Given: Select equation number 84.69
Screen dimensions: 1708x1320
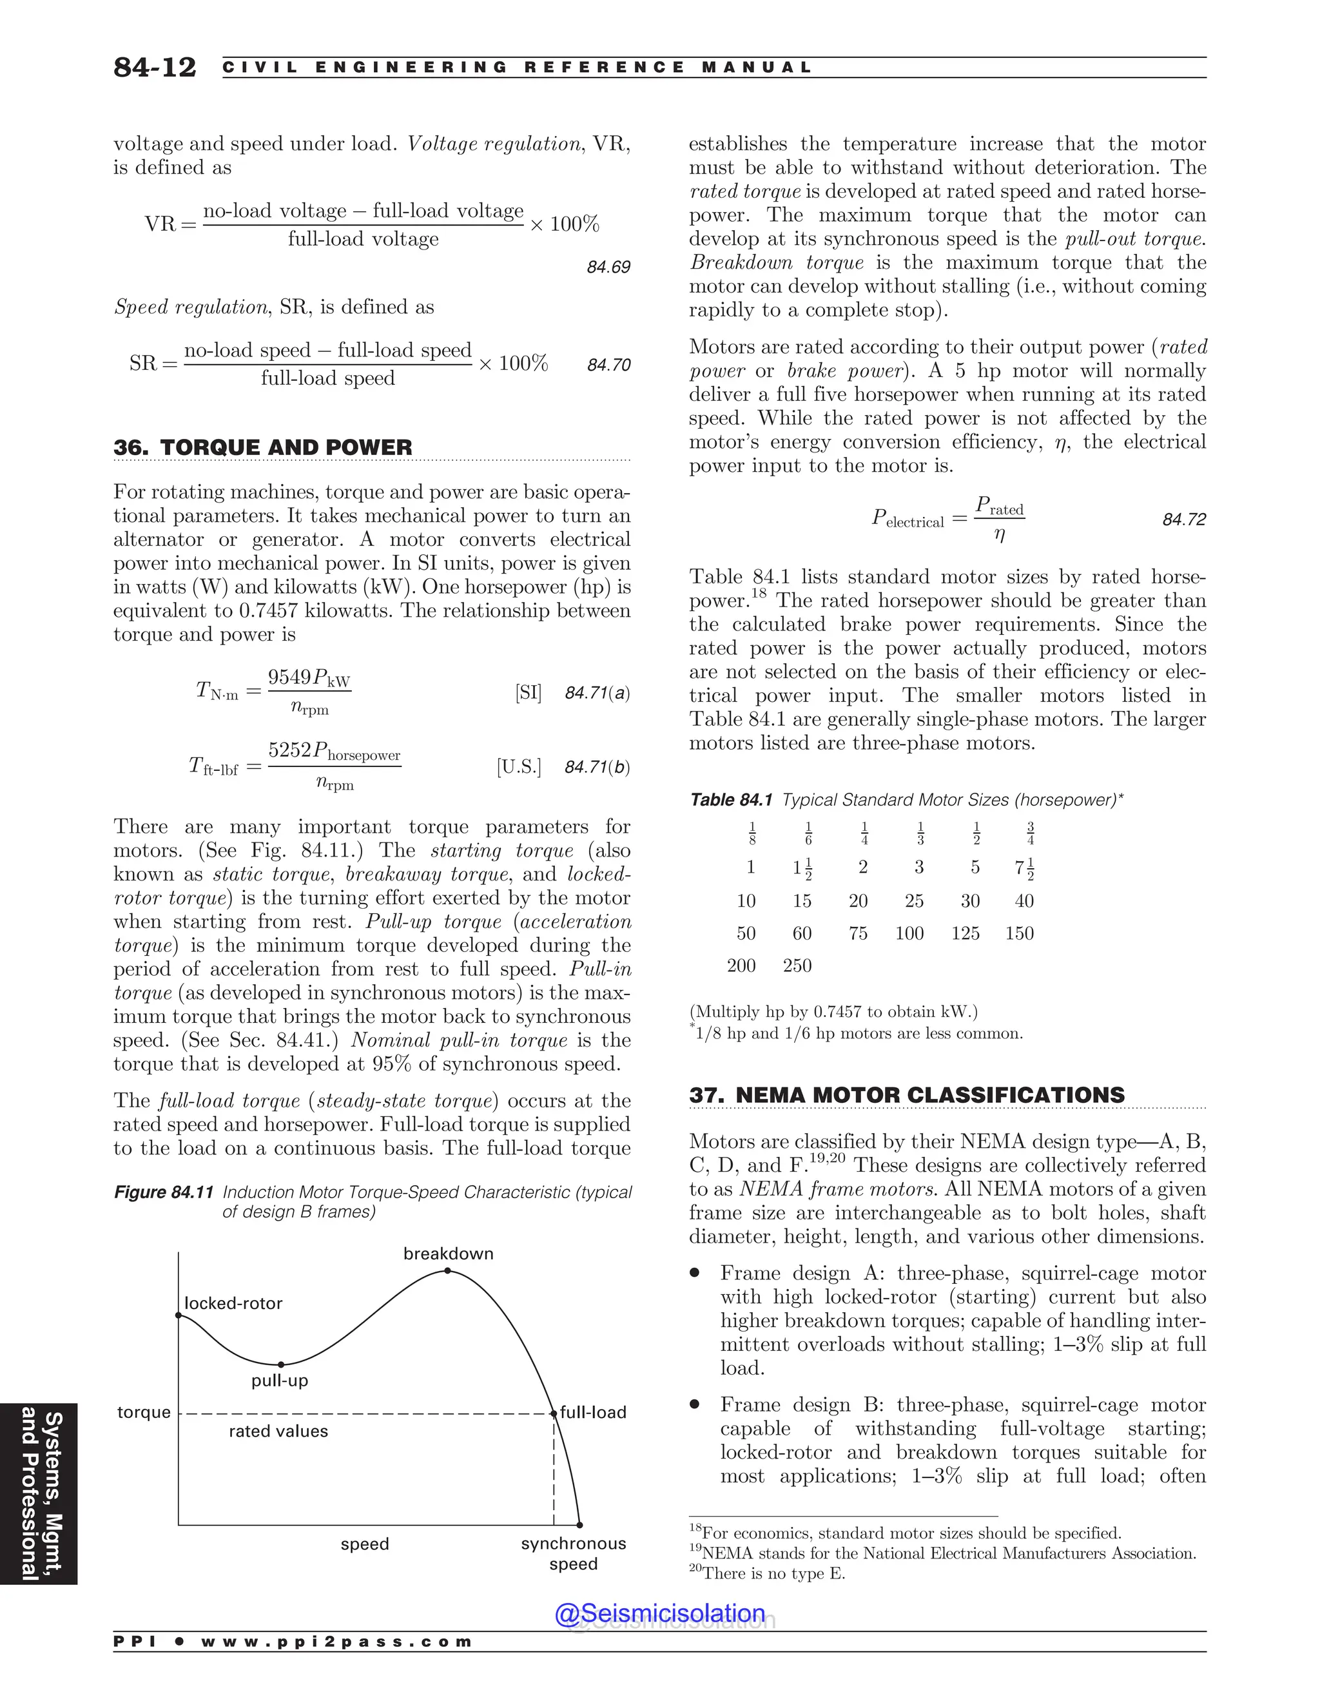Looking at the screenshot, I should pyautogui.click(x=608, y=267).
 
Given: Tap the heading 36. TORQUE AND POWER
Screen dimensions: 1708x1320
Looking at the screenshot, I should pyautogui.click(x=263, y=447).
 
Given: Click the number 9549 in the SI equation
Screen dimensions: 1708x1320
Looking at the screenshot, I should pyautogui.click(x=289, y=677).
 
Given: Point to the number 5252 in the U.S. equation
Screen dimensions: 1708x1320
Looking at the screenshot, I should pyautogui.click(x=289, y=751).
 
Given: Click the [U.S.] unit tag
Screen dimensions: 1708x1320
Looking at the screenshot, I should pyautogui.click(x=518, y=766).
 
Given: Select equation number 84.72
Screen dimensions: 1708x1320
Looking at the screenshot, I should pyautogui.click(x=1184, y=520).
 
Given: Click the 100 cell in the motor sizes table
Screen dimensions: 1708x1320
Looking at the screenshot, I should pyautogui.click(x=909, y=933).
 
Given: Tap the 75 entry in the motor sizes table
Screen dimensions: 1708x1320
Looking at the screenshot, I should pyautogui.click(x=858, y=933).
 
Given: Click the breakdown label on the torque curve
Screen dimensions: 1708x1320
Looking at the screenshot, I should pyautogui.click(x=448, y=1254).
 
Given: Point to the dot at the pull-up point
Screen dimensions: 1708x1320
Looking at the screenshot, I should pyautogui.click(x=281, y=1364).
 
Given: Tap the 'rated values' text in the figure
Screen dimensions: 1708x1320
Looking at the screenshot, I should pyautogui.click(x=278, y=1431).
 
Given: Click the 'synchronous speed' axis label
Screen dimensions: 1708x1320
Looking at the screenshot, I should pyautogui.click(x=573, y=1554).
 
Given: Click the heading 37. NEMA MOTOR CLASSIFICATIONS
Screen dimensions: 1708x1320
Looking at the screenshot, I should pyautogui.click(x=906, y=1095).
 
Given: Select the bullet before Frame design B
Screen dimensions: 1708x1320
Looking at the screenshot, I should pyautogui.click(x=694, y=1404).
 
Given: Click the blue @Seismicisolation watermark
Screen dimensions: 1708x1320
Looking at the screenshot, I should pyautogui.click(x=660, y=1613).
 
